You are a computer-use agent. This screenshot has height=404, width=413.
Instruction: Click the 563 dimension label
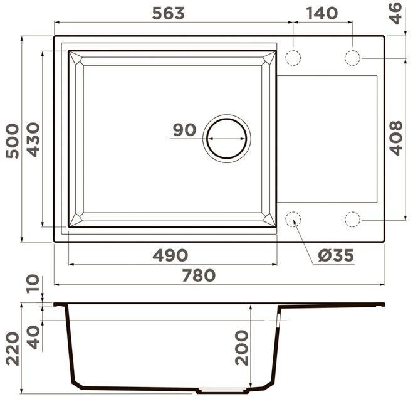(x=169, y=13)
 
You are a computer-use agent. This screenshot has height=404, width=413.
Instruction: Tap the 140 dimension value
(x=322, y=13)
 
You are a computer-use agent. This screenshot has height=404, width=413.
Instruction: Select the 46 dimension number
(x=396, y=13)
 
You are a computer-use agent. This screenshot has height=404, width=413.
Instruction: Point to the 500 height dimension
(x=13, y=141)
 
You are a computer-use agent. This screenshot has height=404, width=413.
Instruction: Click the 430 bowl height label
(x=33, y=139)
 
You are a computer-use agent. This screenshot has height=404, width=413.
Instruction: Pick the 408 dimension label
(x=396, y=138)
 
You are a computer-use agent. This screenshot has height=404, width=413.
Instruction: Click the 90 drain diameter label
(x=185, y=130)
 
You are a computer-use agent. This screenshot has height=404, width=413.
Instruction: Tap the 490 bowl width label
(x=170, y=255)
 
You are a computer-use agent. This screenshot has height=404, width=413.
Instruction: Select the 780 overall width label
(x=199, y=275)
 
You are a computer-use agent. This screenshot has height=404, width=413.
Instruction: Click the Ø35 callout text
(x=336, y=255)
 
